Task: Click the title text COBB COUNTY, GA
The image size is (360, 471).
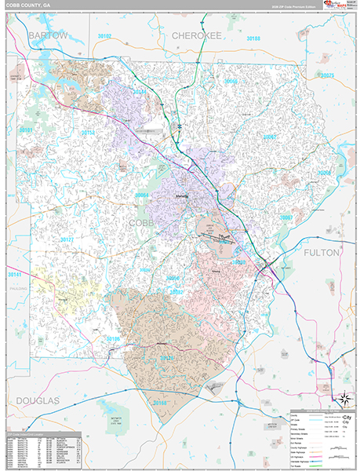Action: coord(29,5)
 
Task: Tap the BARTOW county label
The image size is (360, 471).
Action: coord(47,36)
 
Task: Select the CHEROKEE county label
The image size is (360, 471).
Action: coord(198,36)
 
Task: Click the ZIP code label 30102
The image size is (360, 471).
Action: coord(104,37)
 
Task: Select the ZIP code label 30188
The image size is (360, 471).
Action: coord(253,38)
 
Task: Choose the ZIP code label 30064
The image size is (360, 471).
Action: coord(141,195)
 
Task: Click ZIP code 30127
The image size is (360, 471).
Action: coord(67,239)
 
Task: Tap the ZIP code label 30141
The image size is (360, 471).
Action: coord(15,275)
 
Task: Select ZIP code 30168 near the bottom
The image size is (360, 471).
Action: coord(160,403)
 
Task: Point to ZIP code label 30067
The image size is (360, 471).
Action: coord(286,217)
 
